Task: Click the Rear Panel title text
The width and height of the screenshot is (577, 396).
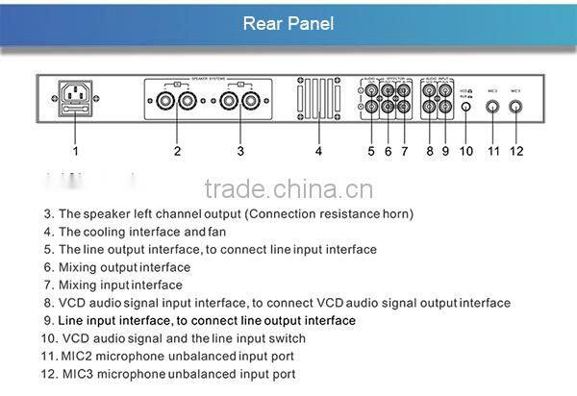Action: (x=288, y=23)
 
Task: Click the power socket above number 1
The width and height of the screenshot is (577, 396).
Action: (x=76, y=98)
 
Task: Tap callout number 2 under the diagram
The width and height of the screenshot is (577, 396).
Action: (x=177, y=151)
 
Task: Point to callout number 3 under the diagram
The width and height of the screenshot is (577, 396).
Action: (x=240, y=151)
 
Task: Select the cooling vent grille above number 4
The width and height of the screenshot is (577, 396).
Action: (x=318, y=99)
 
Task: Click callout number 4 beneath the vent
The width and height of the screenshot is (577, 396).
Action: (x=318, y=151)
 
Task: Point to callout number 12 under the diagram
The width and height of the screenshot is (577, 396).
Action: (x=517, y=151)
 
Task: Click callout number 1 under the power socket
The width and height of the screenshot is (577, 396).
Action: (x=76, y=151)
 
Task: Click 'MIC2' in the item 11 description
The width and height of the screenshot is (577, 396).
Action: (x=80, y=356)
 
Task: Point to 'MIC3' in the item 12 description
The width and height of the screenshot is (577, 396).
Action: (x=80, y=374)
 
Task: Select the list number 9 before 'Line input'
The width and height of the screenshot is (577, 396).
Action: (x=47, y=320)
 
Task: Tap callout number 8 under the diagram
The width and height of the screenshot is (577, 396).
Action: (x=430, y=151)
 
